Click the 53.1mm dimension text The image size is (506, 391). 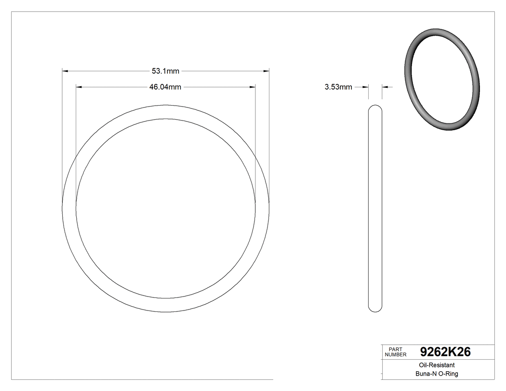pos(165,71)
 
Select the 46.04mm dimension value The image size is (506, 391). pos(165,87)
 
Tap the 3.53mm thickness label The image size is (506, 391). pos(338,87)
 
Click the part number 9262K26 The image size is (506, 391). pos(445,352)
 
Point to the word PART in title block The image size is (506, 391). pos(395,349)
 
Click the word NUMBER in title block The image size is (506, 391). pos(396,354)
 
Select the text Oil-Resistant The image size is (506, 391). pos(437,365)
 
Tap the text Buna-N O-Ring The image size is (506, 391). pos(437,374)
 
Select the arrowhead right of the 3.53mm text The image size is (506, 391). pos(366,87)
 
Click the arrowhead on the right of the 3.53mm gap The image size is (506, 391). pos(385,87)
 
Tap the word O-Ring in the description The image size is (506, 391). pos(448,374)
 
